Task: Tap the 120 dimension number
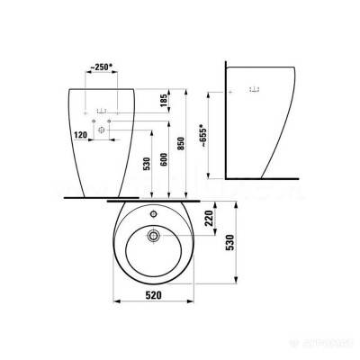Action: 80,132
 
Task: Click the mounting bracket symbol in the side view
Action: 253,90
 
